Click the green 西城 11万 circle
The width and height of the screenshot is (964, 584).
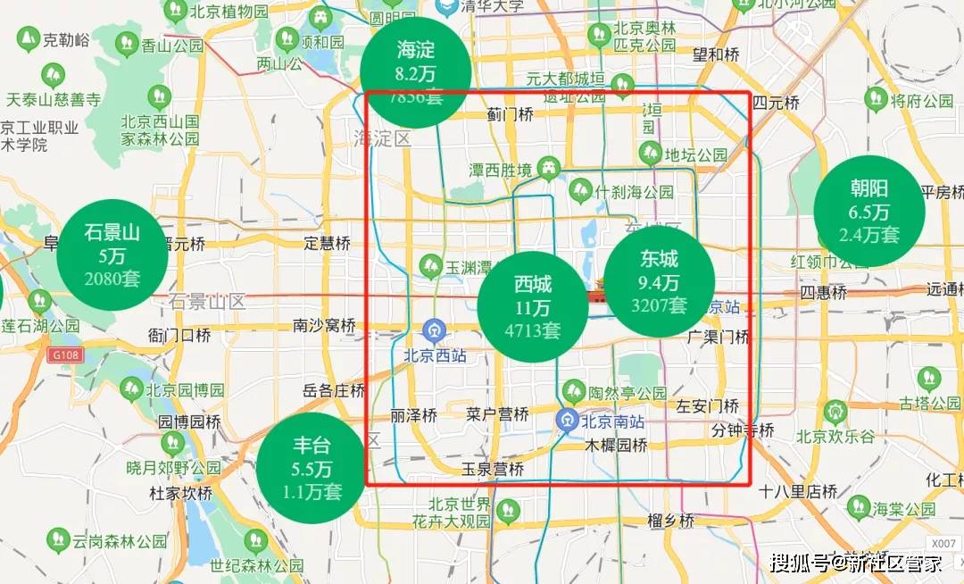tap(532, 307)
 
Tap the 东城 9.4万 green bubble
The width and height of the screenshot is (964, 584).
tap(659, 281)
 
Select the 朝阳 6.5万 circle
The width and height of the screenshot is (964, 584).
tap(868, 212)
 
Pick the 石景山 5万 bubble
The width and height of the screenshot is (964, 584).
tap(112, 254)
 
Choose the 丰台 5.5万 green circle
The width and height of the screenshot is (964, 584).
tap(312, 468)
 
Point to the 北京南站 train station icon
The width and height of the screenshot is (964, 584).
tap(568, 418)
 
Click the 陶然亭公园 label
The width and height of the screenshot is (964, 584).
tap(627, 393)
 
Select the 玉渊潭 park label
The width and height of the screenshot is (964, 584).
tap(470, 266)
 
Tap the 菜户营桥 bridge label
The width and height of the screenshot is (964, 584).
tap(498, 414)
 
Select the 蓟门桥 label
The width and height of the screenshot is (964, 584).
tap(510, 114)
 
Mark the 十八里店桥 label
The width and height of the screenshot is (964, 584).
tap(798, 491)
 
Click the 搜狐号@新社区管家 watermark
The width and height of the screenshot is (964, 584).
tap(856, 563)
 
